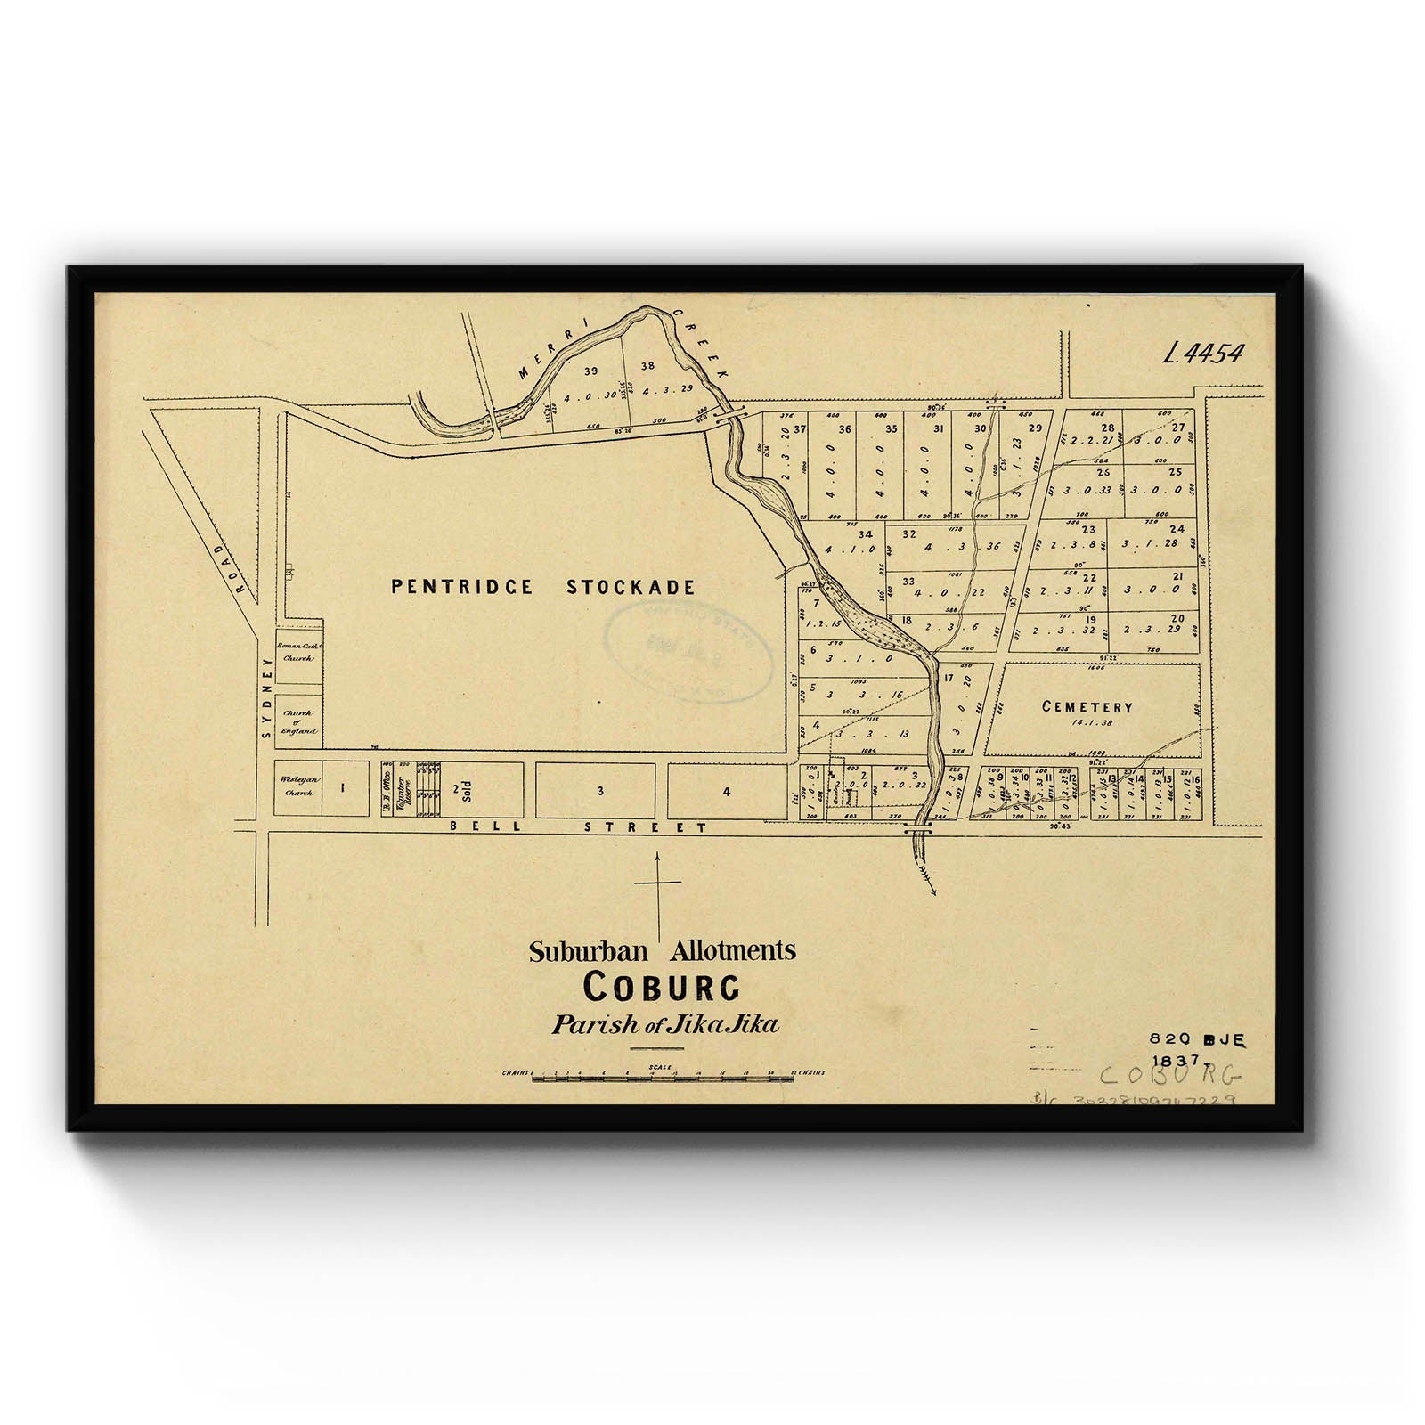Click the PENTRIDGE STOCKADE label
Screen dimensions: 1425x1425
pyautogui.click(x=542, y=587)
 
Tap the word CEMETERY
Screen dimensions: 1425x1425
pyautogui.click(x=1087, y=707)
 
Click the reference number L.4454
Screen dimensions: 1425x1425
pyautogui.click(x=1201, y=354)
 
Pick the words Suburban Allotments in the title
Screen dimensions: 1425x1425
pyautogui.click(x=662, y=951)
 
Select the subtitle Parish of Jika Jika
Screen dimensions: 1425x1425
pyautogui.click(x=664, y=1024)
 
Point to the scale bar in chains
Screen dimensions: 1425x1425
pyautogui.click(x=663, y=1078)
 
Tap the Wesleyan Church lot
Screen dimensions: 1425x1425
pyautogui.click(x=297, y=787)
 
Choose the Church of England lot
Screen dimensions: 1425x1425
pyautogui.click(x=298, y=721)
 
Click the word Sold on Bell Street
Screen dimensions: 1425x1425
pyautogui.click(x=465, y=790)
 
